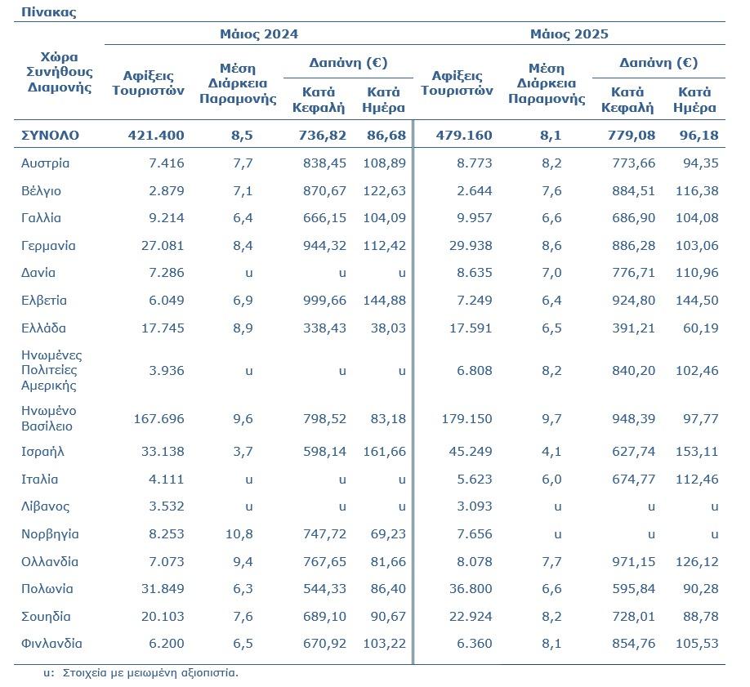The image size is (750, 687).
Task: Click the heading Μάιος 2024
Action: click(259, 34)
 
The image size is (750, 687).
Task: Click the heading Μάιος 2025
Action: click(569, 34)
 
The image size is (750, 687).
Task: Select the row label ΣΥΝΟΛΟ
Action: click(50, 136)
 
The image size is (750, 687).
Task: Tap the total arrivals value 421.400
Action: click(156, 136)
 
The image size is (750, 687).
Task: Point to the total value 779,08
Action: click(632, 136)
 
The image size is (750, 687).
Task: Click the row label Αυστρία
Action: click(46, 163)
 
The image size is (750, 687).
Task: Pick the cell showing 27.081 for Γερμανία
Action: click(163, 245)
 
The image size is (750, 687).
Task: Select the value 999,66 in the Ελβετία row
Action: click(325, 301)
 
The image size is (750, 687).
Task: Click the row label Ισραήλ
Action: click(42, 452)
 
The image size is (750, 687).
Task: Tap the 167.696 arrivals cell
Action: click(158, 418)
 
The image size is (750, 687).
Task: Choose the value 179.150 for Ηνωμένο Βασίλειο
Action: click(467, 418)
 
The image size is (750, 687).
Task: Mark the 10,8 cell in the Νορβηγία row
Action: click(239, 534)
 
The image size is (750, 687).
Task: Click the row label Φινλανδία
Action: click(51, 644)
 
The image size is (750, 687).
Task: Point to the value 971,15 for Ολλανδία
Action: click(634, 562)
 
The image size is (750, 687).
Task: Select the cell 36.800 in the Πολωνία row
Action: click(471, 589)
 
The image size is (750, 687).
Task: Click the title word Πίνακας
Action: click(48, 12)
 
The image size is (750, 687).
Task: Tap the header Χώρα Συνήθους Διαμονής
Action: click(60, 72)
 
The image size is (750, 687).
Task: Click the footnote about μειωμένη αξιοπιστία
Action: click(141, 672)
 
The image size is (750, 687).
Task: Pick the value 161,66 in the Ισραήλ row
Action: click(385, 452)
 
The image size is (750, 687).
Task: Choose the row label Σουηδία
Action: click(46, 616)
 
